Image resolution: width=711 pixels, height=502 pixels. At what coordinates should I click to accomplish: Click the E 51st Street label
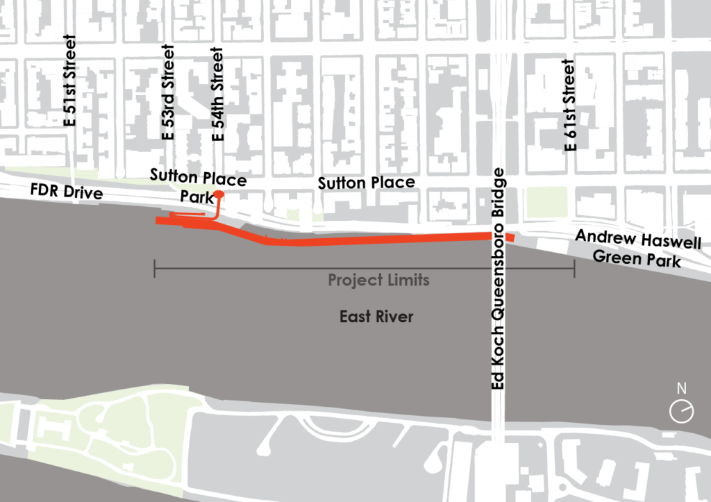click(69, 81)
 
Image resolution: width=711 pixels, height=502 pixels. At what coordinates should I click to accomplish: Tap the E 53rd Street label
click(168, 93)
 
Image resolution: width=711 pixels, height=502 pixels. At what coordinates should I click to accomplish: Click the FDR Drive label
click(66, 192)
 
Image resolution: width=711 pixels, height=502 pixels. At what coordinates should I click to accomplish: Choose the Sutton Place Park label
click(199, 188)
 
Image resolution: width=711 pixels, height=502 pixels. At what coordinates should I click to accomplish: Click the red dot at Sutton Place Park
click(219, 194)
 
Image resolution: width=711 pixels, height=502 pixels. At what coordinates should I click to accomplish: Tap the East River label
click(376, 317)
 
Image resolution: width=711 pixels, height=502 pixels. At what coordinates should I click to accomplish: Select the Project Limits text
click(378, 281)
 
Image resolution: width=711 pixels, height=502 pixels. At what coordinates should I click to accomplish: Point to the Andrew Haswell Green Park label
click(637, 251)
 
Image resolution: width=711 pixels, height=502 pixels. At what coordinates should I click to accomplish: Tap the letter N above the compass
click(681, 388)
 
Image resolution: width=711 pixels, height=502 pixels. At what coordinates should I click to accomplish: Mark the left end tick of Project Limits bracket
click(154, 268)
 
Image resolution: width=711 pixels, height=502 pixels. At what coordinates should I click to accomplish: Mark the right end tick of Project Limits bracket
click(574, 268)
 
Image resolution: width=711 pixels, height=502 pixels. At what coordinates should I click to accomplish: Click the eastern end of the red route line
click(512, 237)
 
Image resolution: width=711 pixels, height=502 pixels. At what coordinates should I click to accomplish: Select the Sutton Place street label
click(366, 183)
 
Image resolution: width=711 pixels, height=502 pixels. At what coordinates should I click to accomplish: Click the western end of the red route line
click(158, 221)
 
